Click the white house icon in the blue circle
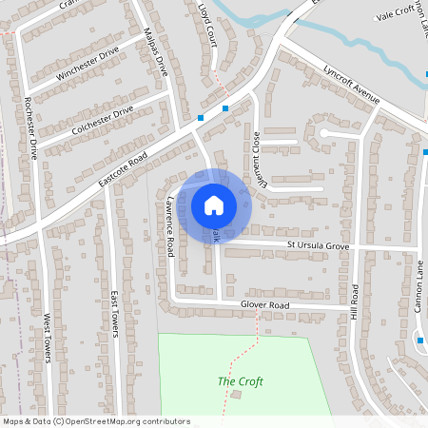[x=213, y=204]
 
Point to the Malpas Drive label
[x=154, y=53]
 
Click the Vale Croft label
[x=396, y=13]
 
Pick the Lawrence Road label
[x=171, y=228]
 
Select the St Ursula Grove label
[x=319, y=245]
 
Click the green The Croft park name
[x=240, y=381]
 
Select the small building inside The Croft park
[x=236, y=394]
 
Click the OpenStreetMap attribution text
[x=96, y=420]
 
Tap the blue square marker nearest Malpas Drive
[x=201, y=118]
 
